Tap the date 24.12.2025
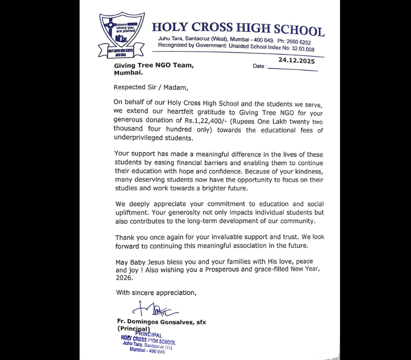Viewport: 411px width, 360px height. [x=296, y=61]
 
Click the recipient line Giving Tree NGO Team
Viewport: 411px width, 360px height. [x=154, y=66]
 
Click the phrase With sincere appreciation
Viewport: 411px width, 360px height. [x=156, y=293]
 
